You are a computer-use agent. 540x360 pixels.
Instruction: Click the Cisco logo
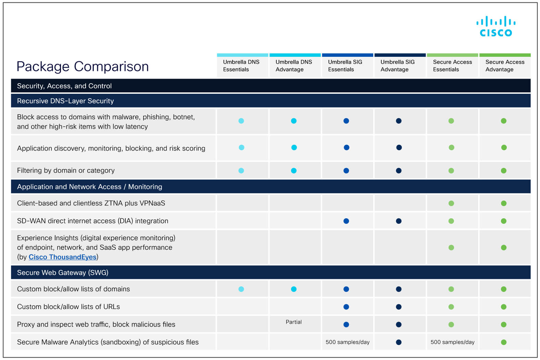point(495,26)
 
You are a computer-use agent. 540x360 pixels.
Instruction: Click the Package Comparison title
point(83,66)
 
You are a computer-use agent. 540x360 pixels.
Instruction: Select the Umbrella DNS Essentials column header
point(241,66)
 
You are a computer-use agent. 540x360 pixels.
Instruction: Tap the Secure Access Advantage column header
point(504,66)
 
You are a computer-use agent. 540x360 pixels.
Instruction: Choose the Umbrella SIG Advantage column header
point(397,66)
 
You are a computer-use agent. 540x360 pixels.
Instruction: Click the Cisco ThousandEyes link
point(62,257)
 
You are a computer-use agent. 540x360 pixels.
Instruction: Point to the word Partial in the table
point(293,322)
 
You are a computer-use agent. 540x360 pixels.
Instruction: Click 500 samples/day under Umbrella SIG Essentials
point(347,342)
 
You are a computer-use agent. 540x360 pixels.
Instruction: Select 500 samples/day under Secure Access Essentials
point(452,342)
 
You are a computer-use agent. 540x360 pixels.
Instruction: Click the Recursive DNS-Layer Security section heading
point(65,101)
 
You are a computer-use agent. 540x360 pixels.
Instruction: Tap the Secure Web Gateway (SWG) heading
point(63,273)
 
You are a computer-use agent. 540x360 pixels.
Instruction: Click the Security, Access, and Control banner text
point(64,86)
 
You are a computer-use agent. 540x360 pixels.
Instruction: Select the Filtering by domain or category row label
point(66,170)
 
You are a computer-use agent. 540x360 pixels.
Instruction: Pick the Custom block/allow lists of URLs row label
point(68,307)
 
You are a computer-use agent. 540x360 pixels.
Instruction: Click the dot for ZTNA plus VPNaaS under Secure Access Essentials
point(451,203)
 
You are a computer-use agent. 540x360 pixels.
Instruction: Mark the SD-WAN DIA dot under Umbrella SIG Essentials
point(346,221)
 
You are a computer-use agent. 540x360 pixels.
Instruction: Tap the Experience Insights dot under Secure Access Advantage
point(503,247)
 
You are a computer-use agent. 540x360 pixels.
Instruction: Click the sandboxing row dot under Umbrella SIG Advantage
point(399,342)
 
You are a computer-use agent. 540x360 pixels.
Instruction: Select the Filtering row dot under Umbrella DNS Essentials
point(241,171)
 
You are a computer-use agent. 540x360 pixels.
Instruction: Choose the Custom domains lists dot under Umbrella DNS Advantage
point(293,289)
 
